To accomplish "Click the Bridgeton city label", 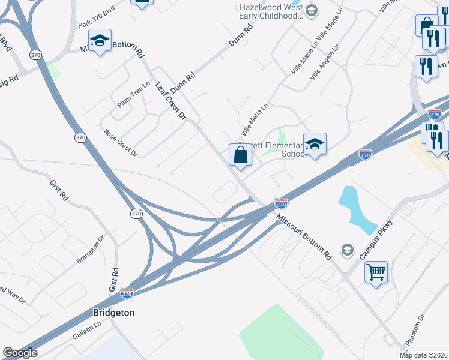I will coord(114,313).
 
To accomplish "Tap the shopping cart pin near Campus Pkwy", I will coord(376,272).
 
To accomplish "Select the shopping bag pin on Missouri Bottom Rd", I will coord(240,155).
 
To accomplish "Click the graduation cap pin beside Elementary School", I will coord(315,144).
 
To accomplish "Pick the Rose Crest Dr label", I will coord(121,143).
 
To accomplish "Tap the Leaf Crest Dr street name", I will coord(171,99).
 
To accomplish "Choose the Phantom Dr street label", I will coord(415,329).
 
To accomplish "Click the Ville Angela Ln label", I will coord(325,64).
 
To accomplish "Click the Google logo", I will coord(19,353).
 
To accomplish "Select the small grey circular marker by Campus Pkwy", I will coord(346,249).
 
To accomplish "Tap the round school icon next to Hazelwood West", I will coord(311,10).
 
